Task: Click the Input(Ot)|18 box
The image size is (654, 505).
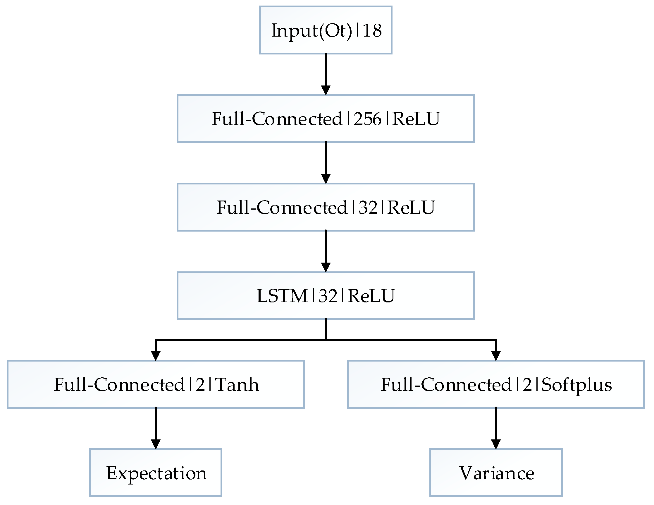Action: pyautogui.click(x=326, y=30)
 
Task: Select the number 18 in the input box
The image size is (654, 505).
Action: pyautogui.click(x=372, y=30)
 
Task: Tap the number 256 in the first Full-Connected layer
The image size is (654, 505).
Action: pyautogui.click(x=367, y=119)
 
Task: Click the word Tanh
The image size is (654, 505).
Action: pyautogui.click(x=237, y=384)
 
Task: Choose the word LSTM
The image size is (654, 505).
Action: pyautogui.click(x=282, y=296)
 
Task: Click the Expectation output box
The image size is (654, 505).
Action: pyautogui.click(x=155, y=473)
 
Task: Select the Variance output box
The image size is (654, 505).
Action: pyautogui.click(x=496, y=473)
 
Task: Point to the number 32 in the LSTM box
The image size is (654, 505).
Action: pyautogui.click(x=328, y=296)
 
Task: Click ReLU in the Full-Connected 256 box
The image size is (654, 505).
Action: pyautogui.click(x=416, y=119)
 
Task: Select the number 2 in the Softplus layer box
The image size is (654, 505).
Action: pyautogui.click(x=527, y=384)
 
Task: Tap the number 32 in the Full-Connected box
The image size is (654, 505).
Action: pyautogui.click(x=368, y=207)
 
